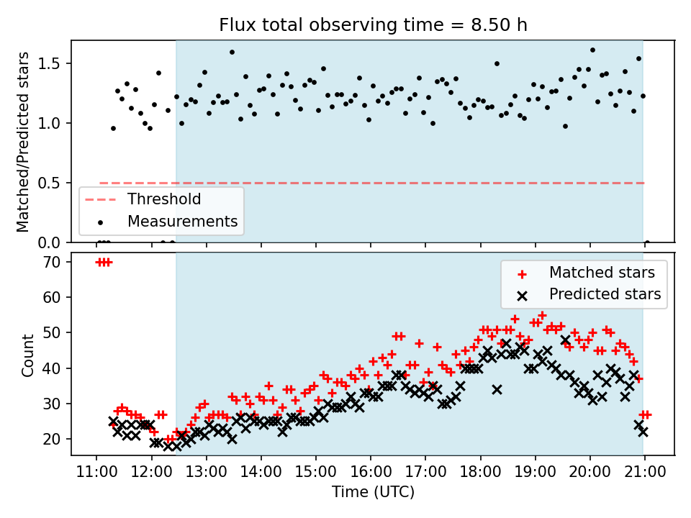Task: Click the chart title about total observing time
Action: [x=373, y=25]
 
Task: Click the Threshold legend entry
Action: [x=163, y=199]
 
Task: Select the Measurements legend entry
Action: [x=182, y=221]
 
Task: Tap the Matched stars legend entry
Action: [x=602, y=273]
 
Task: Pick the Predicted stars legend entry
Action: [x=605, y=294]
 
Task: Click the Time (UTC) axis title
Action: [x=373, y=492]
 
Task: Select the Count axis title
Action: [x=28, y=355]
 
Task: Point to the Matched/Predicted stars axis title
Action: [x=23, y=142]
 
